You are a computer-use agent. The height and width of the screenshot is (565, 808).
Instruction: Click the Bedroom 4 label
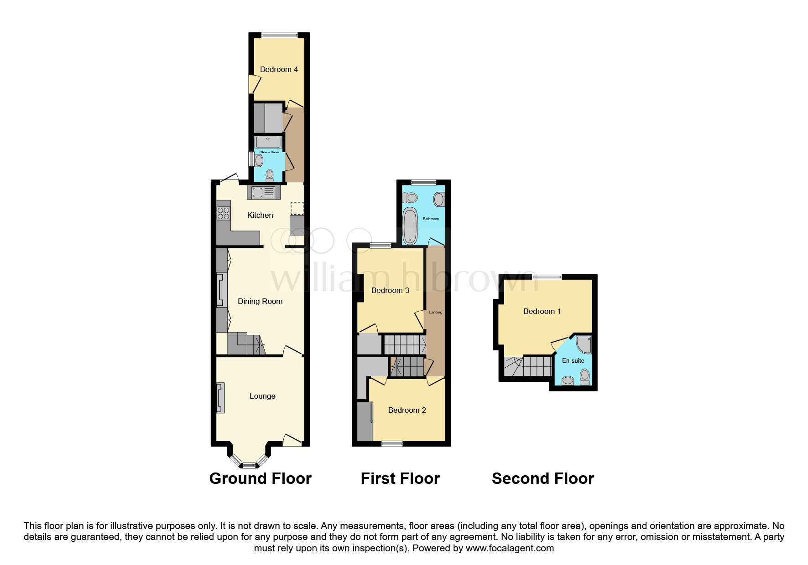pyautogui.click(x=279, y=69)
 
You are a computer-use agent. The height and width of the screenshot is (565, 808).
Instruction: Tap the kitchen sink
pyautogui.click(x=262, y=192)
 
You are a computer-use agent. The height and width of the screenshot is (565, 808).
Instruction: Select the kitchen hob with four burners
pyautogui.click(x=224, y=213)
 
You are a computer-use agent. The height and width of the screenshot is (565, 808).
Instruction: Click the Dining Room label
pyautogui.click(x=260, y=301)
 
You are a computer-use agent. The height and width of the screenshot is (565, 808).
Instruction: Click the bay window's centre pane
pyautogui.click(x=249, y=465)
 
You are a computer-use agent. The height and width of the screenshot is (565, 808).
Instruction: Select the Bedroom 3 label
pyautogui.click(x=390, y=290)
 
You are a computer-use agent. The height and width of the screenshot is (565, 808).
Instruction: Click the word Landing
pyautogui.click(x=436, y=312)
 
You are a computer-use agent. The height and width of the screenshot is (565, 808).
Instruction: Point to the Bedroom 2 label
pyautogui.click(x=407, y=410)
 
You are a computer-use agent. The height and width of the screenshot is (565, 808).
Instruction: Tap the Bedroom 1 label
pyautogui.click(x=542, y=311)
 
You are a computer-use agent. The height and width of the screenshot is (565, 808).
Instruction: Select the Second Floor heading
pyautogui.click(x=542, y=478)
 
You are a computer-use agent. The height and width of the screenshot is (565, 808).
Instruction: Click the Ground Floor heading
pyautogui.click(x=260, y=478)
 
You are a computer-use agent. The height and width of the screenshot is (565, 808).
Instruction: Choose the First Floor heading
pyautogui.click(x=400, y=478)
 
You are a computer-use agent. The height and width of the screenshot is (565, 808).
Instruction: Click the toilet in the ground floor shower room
pyautogui.click(x=270, y=175)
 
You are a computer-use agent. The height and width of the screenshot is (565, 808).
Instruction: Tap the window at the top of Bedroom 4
pyautogui.click(x=279, y=35)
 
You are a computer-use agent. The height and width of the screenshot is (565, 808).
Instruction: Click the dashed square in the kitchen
pyautogui.click(x=297, y=208)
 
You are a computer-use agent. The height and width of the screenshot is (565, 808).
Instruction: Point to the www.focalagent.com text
pyautogui.click(x=510, y=548)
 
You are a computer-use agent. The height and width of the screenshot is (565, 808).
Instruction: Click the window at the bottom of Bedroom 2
pyautogui.click(x=392, y=443)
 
